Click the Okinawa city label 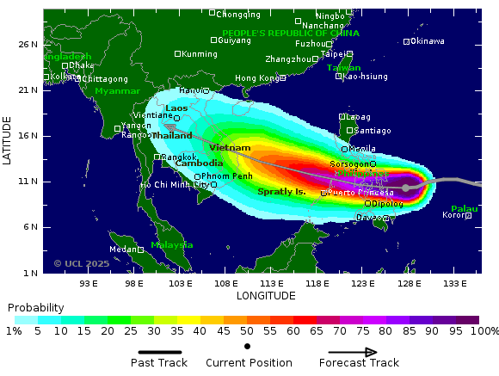[428, 41]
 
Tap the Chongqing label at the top [238, 14]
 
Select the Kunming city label [200, 54]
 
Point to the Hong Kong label [257, 78]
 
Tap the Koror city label [453, 215]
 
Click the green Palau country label [464, 208]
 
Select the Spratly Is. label [282, 191]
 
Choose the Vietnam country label [230, 148]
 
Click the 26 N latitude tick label [28, 44]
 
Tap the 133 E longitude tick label [455, 283]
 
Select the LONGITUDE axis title [266, 295]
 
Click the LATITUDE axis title [8, 142]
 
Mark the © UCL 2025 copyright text [81, 263]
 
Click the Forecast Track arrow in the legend [353, 352]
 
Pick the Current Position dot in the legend [248, 346]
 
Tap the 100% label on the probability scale [484, 331]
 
